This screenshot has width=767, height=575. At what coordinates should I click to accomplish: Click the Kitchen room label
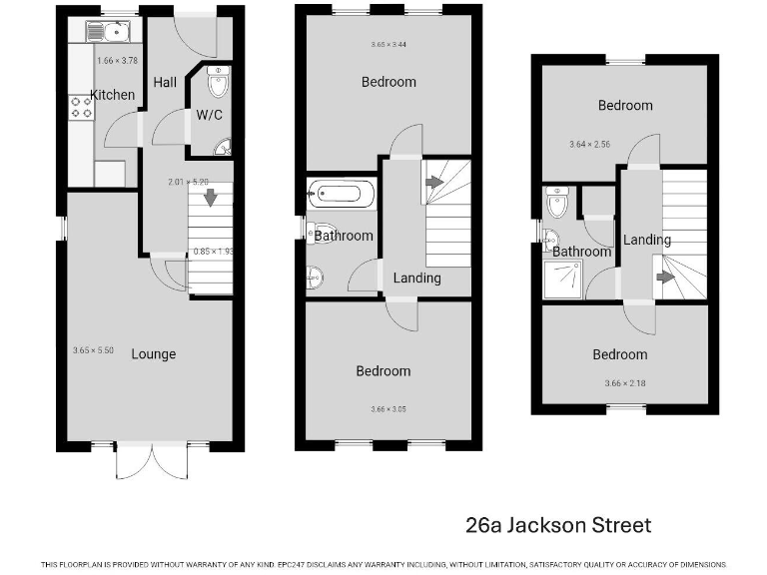(113, 95)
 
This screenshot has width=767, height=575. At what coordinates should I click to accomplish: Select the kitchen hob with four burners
(81, 108)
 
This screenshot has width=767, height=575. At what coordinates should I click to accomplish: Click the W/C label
(209, 115)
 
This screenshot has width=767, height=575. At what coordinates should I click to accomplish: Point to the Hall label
(165, 82)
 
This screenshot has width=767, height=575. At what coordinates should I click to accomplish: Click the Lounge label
(154, 353)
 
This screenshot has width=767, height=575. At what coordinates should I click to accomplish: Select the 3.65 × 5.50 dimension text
(95, 350)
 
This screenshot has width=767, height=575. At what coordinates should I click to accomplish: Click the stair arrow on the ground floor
(210, 197)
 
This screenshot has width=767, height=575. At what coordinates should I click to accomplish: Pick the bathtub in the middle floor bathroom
(342, 194)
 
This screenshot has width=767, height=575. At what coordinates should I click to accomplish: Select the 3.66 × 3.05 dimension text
(387, 409)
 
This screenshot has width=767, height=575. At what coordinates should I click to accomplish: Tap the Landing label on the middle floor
(416, 278)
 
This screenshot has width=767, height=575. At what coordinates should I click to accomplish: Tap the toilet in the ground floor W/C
(218, 80)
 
